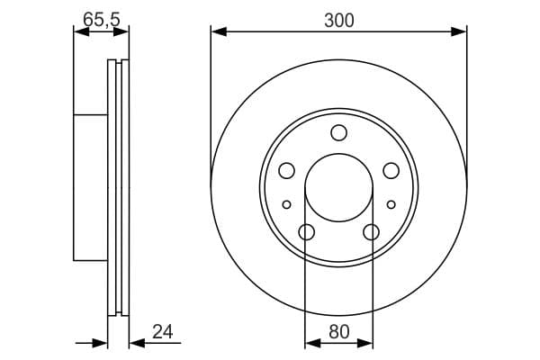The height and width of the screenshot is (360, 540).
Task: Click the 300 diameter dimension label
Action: (x=339, y=21)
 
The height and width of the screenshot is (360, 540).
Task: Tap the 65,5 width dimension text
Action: (x=102, y=19)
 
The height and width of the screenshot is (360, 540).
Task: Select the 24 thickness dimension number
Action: (x=163, y=332)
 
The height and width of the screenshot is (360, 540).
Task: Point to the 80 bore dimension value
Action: (x=339, y=332)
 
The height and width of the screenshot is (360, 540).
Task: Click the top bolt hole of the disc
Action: (x=339, y=133)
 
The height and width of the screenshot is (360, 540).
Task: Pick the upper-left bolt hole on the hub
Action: (x=286, y=171)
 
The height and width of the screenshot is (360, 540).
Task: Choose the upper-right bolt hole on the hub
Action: (x=391, y=171)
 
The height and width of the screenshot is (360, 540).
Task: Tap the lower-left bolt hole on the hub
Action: (x=307, y=232)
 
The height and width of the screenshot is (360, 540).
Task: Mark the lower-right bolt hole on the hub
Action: (x=371, y=232)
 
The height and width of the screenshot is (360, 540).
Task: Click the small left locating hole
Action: (x=286, y=204)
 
